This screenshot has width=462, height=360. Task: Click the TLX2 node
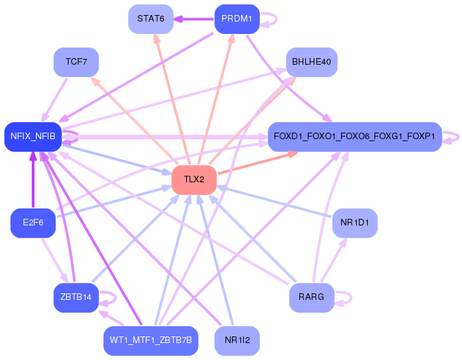194,180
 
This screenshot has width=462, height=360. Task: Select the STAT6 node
150,19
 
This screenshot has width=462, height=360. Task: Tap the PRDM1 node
237,19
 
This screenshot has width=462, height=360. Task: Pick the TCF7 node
76,62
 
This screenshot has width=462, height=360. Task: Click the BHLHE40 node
312,62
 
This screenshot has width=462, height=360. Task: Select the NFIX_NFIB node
33,137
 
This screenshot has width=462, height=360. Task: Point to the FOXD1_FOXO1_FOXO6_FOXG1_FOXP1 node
354,137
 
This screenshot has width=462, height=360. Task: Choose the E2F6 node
33,223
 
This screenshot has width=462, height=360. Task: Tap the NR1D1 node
355,223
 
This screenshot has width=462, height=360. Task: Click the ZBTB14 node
76,297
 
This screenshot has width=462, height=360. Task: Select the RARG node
312,297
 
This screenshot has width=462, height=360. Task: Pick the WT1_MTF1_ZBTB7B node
150,341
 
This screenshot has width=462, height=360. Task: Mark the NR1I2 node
237,341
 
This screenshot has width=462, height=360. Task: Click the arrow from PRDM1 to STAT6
193,19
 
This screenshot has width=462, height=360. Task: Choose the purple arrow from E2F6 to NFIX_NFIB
33,180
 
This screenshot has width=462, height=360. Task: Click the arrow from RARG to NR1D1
334,260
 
